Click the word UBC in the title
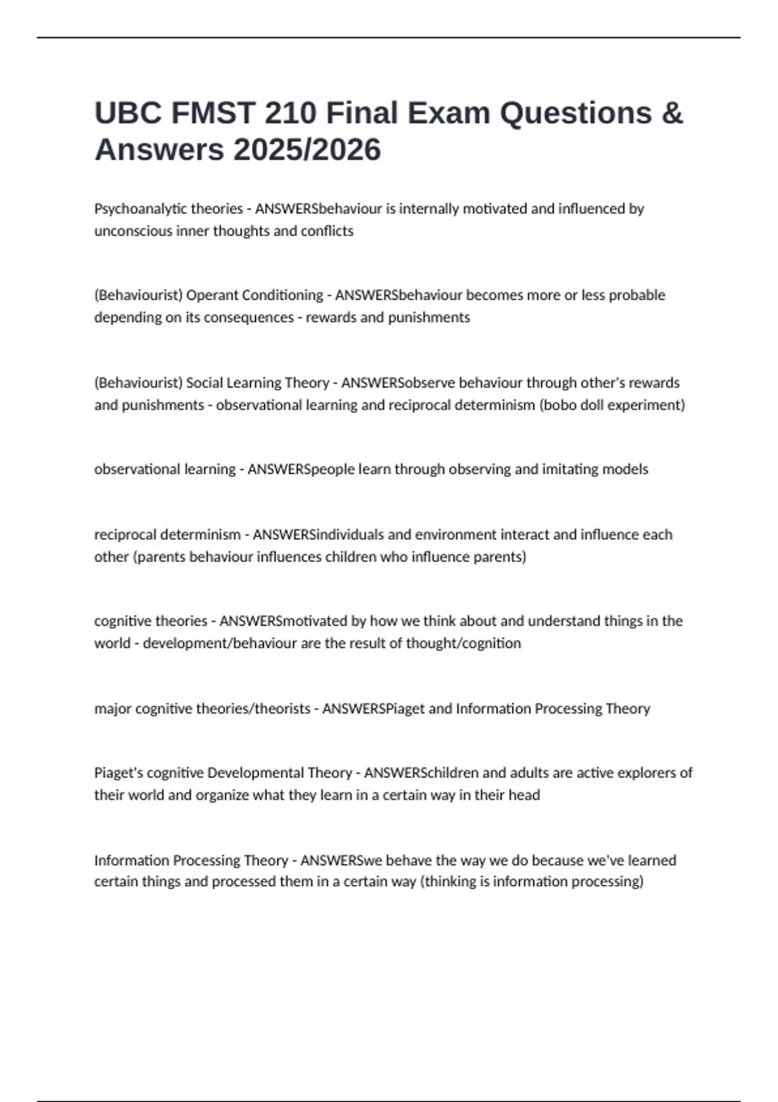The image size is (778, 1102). click(127, 113)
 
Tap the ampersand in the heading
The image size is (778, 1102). click(673, 113)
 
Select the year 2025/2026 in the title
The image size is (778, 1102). click(307, 150)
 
